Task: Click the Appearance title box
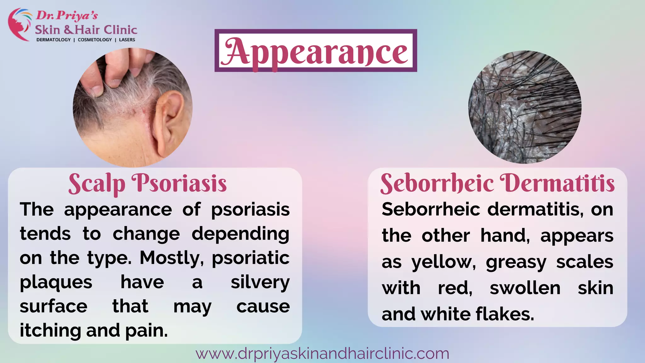pyautogui.click(x=316, y=51)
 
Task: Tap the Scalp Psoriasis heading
pyautogui.click(x=147, y=183)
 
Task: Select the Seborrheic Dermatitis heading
pyautogui.click(x=497, y=183)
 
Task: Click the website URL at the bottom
pyautogui.click(x=322, y=354)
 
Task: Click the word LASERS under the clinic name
pyautogui.click(x=127, y=40)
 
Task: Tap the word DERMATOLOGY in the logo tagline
pyautogui.click(x=54, y=40)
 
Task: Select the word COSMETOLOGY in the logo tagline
pyautogui.click(x=95, y=40)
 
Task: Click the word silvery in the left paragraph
pyautogui.click(x=260, y=282)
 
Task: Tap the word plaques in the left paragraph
pyautogui.click(x=56, y=282)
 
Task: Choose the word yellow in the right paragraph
pyautogui.click(x=443, y=262)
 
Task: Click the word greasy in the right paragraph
pyautogui.click(x=516, y=262)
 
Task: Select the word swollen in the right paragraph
pyautogui.click(x=525, y=288)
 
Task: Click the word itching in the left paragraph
pyautogui.click(x=49, y=330)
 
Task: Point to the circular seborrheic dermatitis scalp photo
pyautogui.click(x=525, y=107)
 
